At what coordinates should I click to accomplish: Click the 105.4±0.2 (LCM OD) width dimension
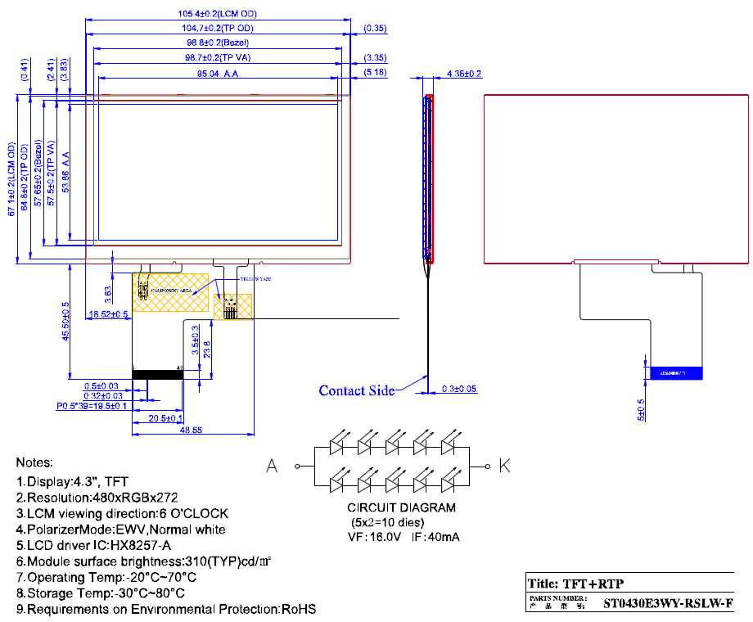[x=217, y=14]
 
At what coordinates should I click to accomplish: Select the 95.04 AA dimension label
[x=219, y=74]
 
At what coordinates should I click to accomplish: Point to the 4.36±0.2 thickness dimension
[x=464, y=74]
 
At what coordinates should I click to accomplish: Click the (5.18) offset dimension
[x=375, y=73]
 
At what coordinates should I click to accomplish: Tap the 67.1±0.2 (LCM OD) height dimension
[x=11, y=179]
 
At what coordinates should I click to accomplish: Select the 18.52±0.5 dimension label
[x=108, y=314]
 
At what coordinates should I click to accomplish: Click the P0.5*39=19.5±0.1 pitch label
[x=91, y=405]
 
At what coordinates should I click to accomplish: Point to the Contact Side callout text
[x=356, y=390]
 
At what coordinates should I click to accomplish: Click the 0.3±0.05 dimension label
[x=459, y=389]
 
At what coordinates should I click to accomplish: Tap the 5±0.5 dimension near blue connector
[x=641, y=409]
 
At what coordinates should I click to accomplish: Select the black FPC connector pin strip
[x=158, y=374]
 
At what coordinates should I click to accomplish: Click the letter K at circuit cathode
[x=505, y=466]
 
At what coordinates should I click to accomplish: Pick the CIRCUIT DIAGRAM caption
[x=401, y=507]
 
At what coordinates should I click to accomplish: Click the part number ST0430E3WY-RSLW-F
[x=668, y=605]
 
